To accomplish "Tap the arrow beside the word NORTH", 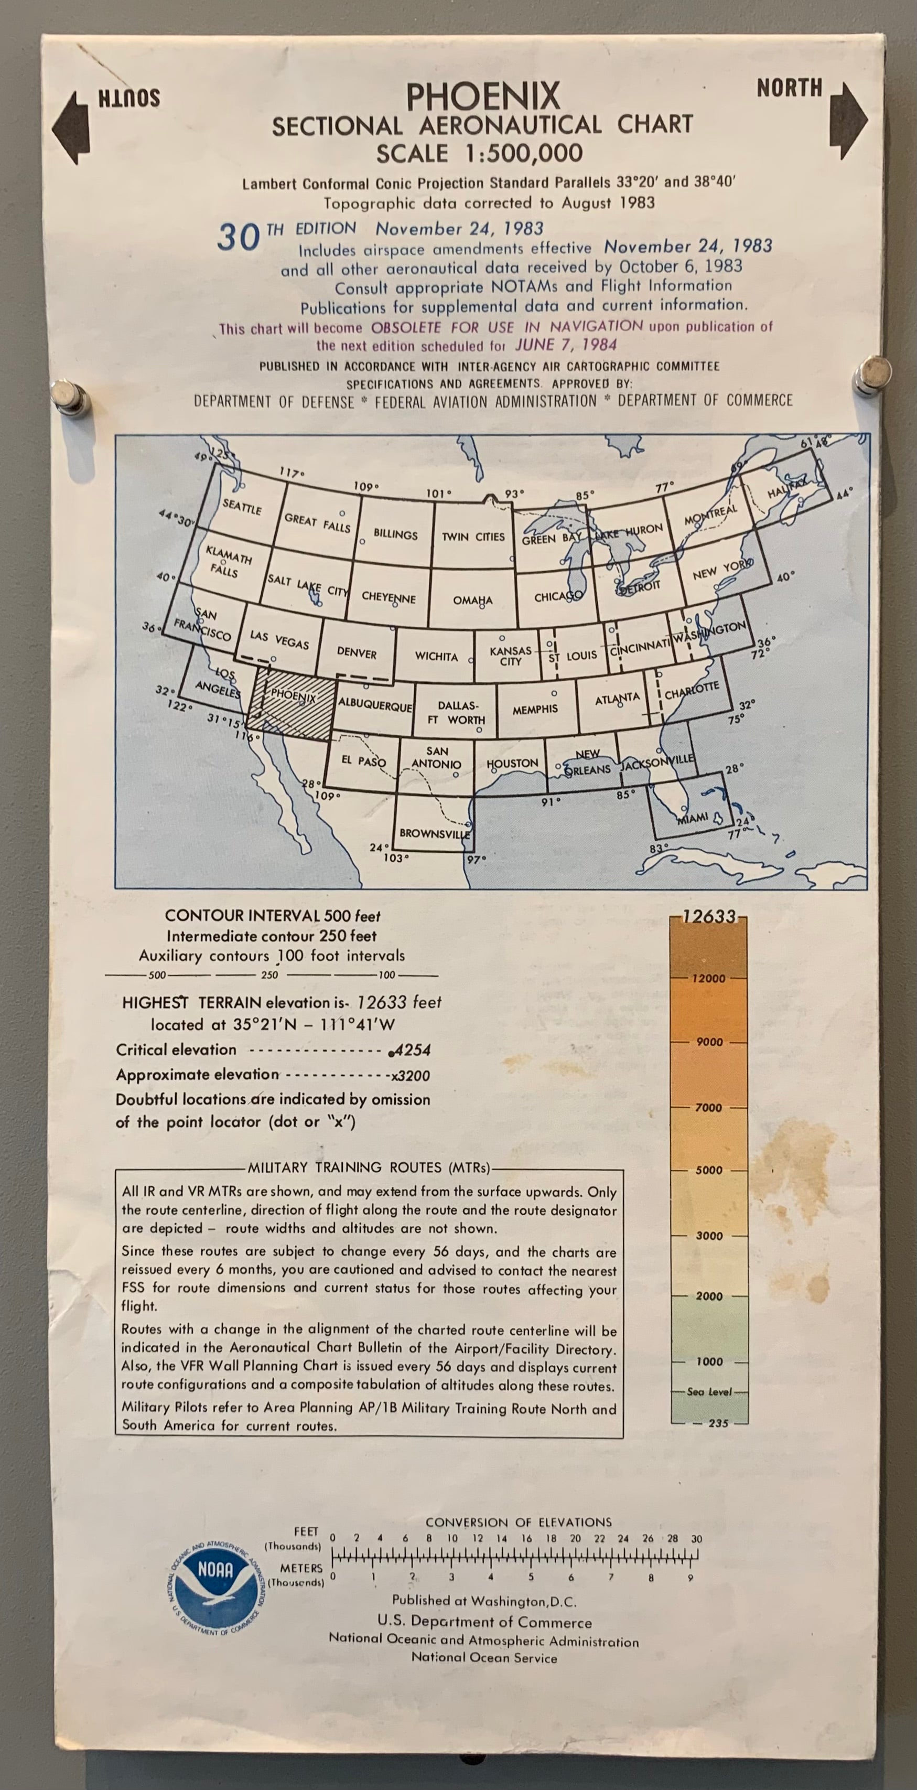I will tap(848, 120).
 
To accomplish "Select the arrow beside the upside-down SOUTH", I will tap(71, 128).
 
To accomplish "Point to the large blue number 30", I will tap(238, 238).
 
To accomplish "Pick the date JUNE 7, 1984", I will tap(566, 345).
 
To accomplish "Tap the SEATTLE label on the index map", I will tap(242, 507).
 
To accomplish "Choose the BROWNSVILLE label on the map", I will tap(434, 833).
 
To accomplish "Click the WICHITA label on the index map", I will tap(436, 656).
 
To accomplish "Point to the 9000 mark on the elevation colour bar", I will tap(709, 1042).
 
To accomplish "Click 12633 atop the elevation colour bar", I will tap(709, 917).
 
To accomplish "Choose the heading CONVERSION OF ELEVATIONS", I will tap(518, 1522).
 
